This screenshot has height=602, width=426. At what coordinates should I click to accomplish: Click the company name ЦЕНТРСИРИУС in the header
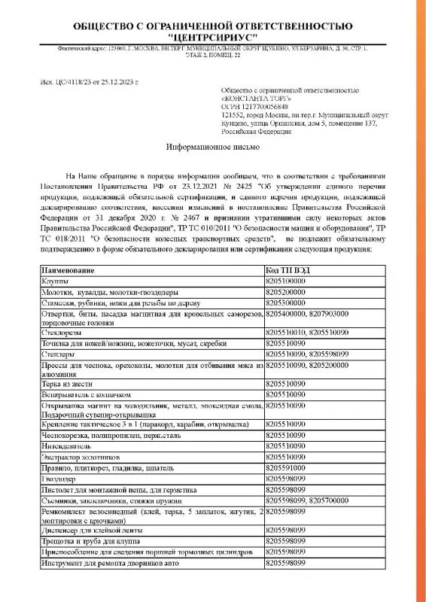pyautogui.click(x=212, y=35)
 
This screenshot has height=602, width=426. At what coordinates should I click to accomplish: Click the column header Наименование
pyautogui.click(x=68, y=269)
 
